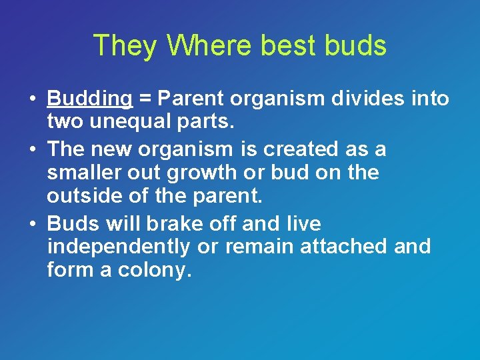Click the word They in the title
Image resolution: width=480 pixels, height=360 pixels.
point(126,46)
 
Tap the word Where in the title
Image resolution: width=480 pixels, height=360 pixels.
point(210,46)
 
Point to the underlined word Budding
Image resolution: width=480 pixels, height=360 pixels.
point(90,99)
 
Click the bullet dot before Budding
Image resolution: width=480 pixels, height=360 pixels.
point(32,99)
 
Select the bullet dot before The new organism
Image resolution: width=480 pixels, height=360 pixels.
point(32,149)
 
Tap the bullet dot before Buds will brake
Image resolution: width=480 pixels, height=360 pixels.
point(32,223)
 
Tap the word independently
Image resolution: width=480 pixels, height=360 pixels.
point(118,247)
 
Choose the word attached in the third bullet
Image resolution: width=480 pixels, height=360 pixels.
point(346,247)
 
